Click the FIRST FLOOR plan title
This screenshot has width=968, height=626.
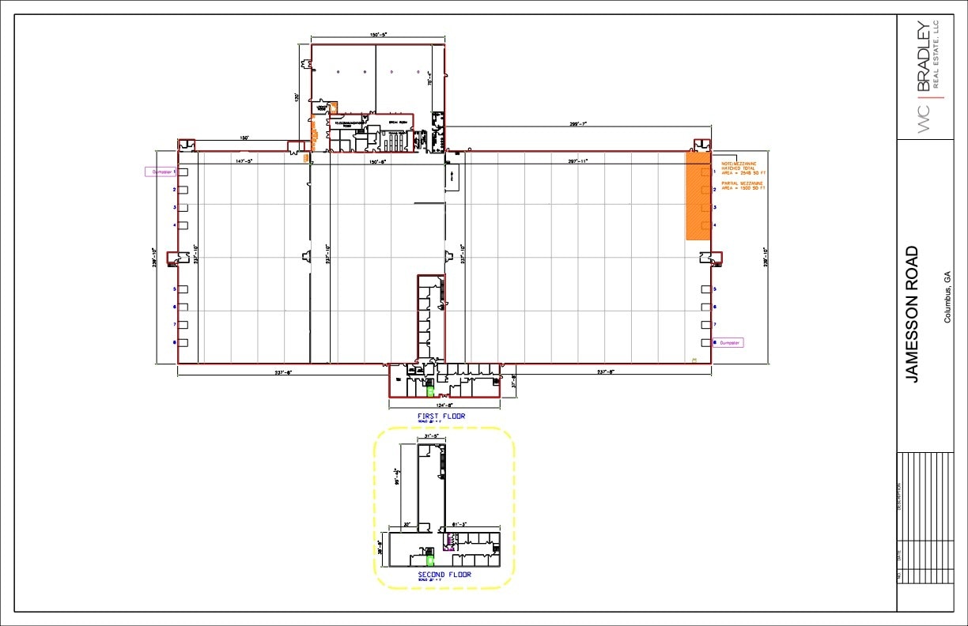point(441,416)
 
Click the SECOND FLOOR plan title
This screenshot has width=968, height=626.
point(444,575)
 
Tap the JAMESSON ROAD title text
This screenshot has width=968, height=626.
point(912,315)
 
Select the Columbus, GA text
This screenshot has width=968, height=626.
point(947,297)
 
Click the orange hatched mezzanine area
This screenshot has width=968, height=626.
point(697,198)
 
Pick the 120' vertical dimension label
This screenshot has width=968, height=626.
point(297,97)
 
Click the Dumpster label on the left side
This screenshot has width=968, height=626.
point(159,172)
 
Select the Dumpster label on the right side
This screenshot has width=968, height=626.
point(730,343)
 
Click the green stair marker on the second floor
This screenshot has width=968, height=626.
point(429,553)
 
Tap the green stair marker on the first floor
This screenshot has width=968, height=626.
point(430,390)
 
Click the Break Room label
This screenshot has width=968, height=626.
point(397,123)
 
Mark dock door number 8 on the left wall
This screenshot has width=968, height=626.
point(182,342)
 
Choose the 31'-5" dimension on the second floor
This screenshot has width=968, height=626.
point(431,436)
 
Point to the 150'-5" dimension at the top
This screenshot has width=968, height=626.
point(377,36)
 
